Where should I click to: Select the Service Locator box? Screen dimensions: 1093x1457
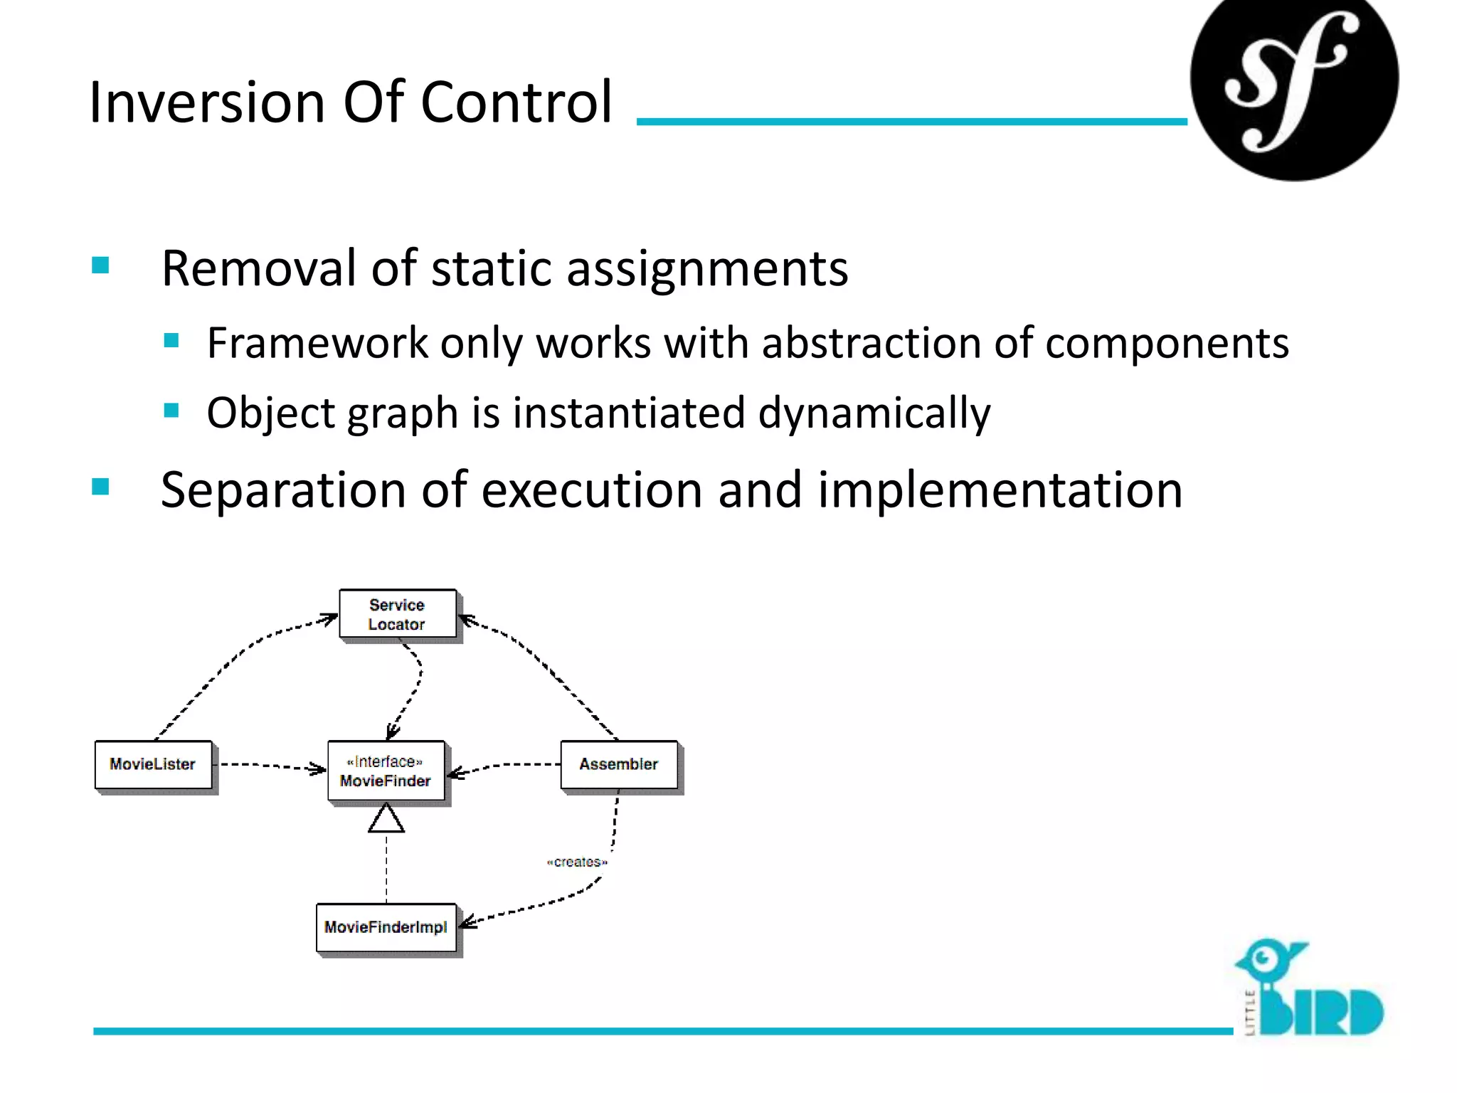point(397,614)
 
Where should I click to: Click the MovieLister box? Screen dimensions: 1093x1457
point(153,764)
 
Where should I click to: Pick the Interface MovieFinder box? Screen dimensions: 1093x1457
point(386,771)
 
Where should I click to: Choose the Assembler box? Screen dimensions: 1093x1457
point(618,764)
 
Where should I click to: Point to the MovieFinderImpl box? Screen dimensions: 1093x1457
point(386,927)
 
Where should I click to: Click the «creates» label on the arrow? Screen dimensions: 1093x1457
point(577,862)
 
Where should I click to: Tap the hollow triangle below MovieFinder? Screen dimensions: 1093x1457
point(386,819)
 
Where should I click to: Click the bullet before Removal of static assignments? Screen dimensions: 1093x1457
point(100,265)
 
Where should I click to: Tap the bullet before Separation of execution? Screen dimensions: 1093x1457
point(100,487)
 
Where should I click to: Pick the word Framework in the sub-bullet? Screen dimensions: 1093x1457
point(317,343)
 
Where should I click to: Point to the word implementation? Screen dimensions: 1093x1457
point(1000,491)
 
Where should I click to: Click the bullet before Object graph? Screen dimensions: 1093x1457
point(171,411)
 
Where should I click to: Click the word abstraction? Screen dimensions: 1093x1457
point(871,343)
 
